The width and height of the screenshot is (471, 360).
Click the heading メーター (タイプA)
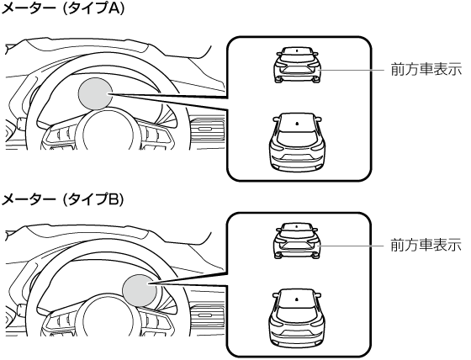(62, 8)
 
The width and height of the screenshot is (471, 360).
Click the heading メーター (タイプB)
(62, 199)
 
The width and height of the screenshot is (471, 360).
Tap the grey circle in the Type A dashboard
(96, 93)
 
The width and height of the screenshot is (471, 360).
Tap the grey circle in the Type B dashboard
(140, 290)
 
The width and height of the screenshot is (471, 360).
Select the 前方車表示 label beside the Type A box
(426, 70)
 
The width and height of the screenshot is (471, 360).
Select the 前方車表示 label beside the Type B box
(426, 245)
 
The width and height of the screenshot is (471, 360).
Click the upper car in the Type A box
(298, 65)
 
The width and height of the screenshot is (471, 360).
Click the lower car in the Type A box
(297, 142)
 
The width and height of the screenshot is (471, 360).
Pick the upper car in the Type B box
(298, 241)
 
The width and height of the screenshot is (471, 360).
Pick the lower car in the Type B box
(297, 319)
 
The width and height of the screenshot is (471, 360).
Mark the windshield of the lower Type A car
(297, 123)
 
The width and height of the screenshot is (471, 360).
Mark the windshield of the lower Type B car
(297, 299)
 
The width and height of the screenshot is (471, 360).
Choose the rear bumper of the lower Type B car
(297, 338)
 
